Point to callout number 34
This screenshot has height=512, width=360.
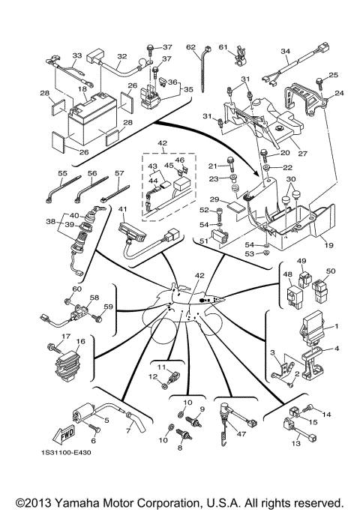pos(285,52)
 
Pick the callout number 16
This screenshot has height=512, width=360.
pos(81,340)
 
